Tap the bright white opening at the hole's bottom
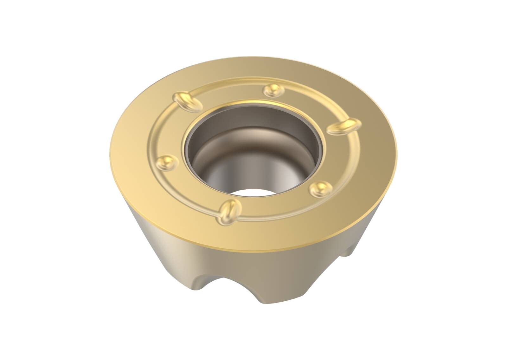pos(250,195)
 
